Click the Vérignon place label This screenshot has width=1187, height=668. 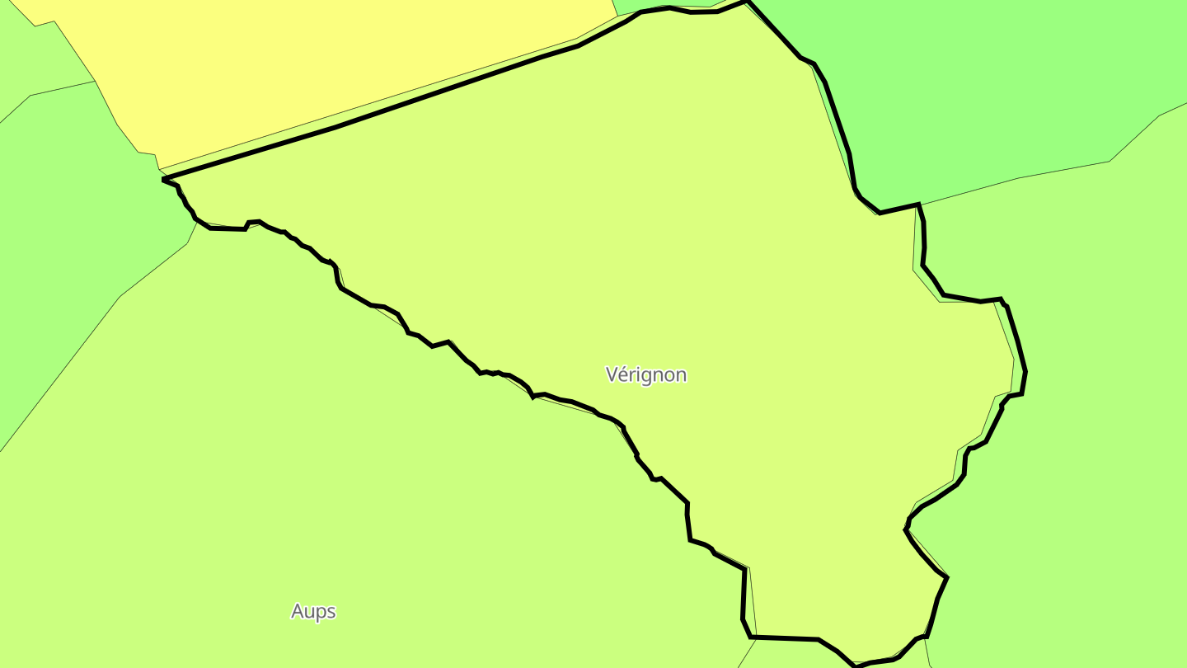[x=645, y=374]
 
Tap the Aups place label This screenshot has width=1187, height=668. [x=313, y=611]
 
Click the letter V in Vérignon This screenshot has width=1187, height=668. [x=612, y=374]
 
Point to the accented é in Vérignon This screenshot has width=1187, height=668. [x=624, y=374]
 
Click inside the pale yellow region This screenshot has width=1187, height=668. [x=330, y=66]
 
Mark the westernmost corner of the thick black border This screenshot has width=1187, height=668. [x=164, y=179]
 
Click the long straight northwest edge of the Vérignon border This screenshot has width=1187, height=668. [x=371, y=115]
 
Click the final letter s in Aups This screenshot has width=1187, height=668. [x=331, y=612]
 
